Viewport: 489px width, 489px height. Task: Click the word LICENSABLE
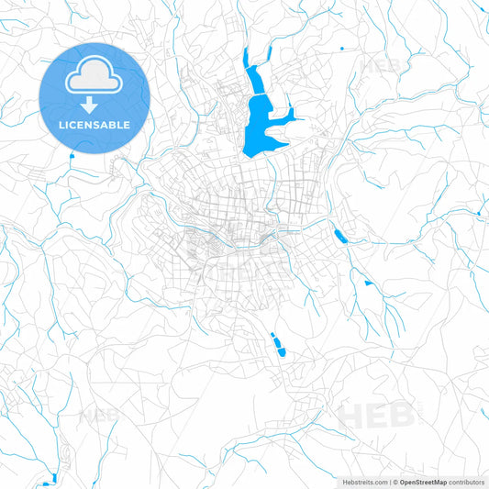pos(94,125)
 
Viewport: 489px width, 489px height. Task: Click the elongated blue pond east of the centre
pos(339,236)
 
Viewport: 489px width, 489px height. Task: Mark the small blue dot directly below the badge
pos(72,155)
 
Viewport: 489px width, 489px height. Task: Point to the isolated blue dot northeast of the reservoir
pos(342,48)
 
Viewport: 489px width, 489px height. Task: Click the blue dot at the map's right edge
pos(479,214)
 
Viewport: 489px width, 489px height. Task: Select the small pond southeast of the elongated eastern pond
pos(368,283)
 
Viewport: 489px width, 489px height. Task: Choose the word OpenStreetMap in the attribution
pos(423,482)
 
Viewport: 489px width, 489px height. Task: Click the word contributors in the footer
pos(468,482)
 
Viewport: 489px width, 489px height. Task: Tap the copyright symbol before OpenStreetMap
pos(395,482)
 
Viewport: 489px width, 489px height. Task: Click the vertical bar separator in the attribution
pos(390,482)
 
